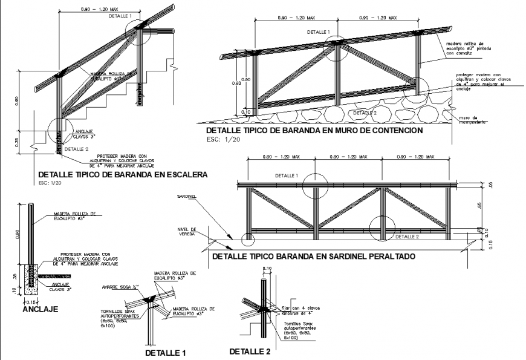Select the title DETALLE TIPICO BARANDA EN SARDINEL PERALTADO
point(313,257)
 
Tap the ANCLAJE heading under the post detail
point(40,309)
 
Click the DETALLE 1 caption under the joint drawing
point(165,352)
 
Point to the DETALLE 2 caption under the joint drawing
point(250,351)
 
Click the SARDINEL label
point(186,197)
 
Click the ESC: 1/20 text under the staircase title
point(51,182)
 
